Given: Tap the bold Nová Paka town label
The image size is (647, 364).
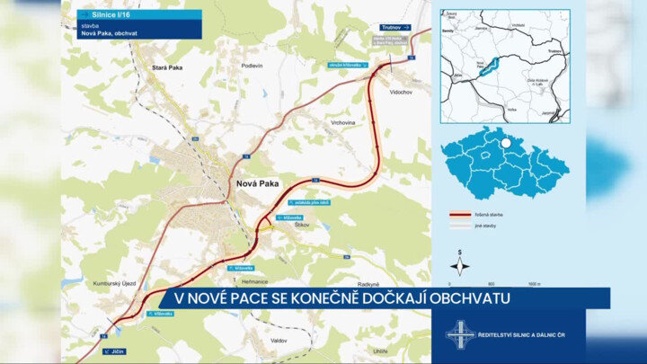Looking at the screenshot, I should click(257, 182).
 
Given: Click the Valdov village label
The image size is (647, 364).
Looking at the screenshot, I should click(279, 341).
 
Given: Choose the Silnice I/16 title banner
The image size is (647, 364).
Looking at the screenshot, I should click(138, 15).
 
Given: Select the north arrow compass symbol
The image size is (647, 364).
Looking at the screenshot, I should click(460, 265).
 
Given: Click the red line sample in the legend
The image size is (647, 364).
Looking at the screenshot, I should click(461, 216).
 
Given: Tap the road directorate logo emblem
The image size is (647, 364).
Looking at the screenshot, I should click(460, 334).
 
